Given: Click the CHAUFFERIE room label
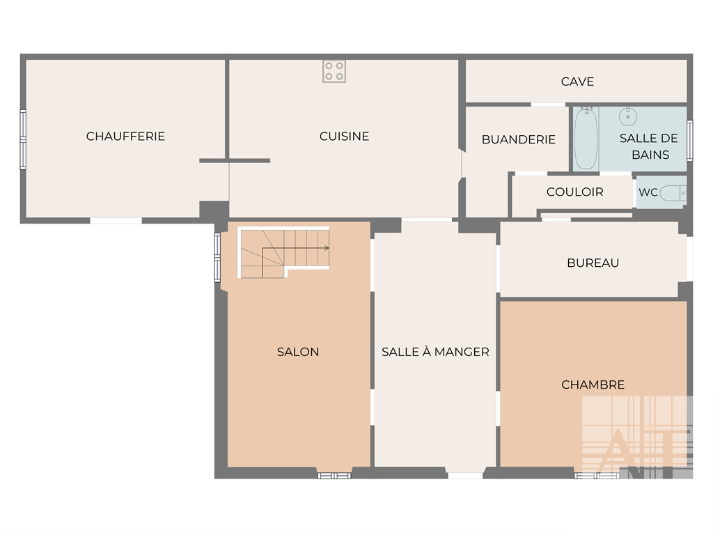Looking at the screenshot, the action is point(125,136).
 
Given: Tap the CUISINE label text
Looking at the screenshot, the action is point(344,136).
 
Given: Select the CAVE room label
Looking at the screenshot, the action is point(577,82).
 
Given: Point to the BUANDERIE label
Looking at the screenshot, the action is point(518,139).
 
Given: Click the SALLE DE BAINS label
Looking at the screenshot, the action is point(649,146).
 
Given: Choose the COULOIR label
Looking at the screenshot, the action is point(574,192).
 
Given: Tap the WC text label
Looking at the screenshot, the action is point(648,192).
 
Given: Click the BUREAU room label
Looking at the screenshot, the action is point(593,263).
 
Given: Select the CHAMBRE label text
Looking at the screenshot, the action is point(593,385).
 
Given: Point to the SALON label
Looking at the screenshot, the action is point(298,352).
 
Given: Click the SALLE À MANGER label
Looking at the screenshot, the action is point(435,352).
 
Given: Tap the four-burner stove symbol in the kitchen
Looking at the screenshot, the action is point(334,72).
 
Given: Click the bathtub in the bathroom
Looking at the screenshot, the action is point(586,139).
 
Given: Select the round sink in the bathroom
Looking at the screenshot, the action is point(628,116).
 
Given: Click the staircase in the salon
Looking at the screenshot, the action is point(284,252).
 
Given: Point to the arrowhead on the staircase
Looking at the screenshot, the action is point(327,248).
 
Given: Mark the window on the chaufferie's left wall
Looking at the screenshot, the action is point(23,139).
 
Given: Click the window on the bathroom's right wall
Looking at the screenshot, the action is point(690,141).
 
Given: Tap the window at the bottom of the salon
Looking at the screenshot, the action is point(334,476).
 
